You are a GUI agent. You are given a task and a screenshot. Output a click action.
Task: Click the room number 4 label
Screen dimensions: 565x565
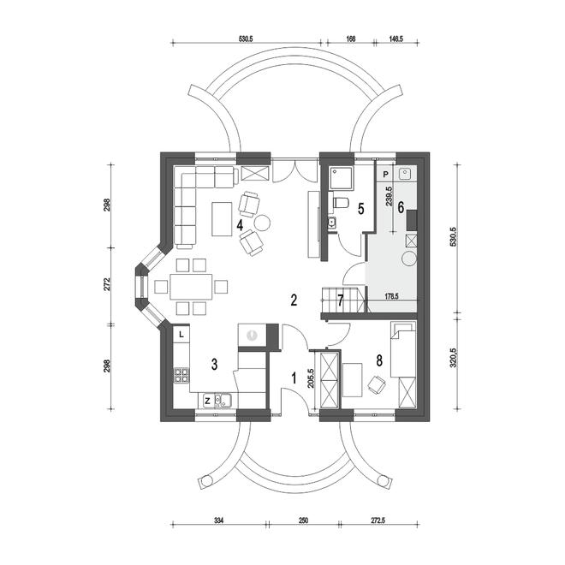click(240, 225)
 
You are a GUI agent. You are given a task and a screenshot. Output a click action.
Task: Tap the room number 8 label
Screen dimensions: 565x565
click(379, 360)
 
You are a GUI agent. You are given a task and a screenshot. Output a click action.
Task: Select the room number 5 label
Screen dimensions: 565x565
click(360, 209)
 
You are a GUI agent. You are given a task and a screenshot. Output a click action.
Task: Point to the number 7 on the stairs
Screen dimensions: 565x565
click(341, 300)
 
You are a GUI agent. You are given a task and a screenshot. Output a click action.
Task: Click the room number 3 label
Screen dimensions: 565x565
click(214, 365)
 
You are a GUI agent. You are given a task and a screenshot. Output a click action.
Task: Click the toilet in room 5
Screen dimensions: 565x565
click(340, 203)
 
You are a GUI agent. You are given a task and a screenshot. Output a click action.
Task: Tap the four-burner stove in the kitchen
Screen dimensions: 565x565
click(181, 375)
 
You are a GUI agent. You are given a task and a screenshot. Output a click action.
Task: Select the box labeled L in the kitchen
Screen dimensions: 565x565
click(181, 335)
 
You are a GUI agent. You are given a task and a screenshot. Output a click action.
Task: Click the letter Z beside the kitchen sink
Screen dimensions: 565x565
click(207, 401)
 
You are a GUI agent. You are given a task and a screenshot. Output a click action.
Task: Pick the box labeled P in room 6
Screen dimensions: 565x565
click(386, 175)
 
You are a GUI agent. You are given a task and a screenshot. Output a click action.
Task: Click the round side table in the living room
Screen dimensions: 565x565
click(262, 223)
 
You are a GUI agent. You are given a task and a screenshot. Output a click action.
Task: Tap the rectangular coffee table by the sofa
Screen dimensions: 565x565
click(222, 219)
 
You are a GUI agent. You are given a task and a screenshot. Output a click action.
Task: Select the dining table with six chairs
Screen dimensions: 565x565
click(192, 287)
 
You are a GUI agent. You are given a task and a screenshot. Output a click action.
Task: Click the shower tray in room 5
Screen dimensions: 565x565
click(342, 177)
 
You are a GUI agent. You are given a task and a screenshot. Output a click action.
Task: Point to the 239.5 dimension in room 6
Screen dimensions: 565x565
click(389, 196)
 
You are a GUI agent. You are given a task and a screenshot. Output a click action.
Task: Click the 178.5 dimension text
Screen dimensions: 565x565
click(391, 296)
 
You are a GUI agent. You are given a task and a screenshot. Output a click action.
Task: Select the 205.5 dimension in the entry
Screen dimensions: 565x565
click(311, 378)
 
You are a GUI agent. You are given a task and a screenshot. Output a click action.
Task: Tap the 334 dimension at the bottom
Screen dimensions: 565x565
click(218, 520)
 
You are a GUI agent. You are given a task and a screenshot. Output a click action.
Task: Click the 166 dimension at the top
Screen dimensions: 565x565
click(350, 39)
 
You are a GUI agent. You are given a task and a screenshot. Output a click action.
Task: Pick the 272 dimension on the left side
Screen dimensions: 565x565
click(107, 284)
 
